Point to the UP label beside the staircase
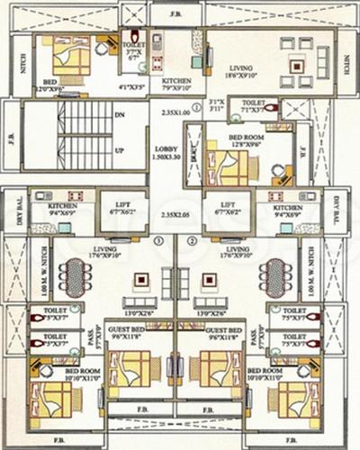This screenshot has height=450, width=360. tap(119, 150)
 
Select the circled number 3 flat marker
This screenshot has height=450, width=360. tap(158, 240)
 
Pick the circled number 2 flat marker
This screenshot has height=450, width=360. tap(192, 240)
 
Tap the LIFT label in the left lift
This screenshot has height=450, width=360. tap(123, 204)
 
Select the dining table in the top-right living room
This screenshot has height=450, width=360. tap(296, 64)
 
